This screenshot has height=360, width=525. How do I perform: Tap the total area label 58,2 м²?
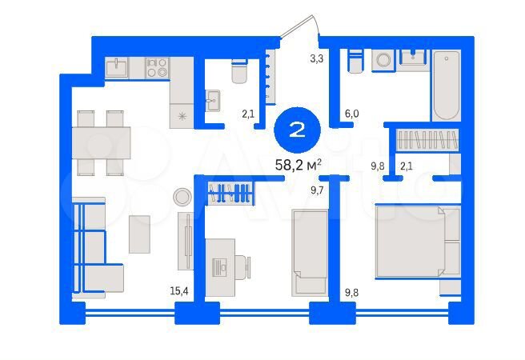click(297, 165)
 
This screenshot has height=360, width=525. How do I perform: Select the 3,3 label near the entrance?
click(316, 58)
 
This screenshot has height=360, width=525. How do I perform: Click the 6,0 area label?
click(351, 114)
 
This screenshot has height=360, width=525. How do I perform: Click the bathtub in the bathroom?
click(446, 84)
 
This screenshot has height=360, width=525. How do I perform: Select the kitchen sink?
click(117, 67)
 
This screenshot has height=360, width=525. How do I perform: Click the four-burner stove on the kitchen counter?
click(156, 67)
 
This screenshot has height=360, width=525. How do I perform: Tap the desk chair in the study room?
click(241, 266)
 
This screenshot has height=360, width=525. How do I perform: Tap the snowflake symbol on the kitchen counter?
click(182, 117)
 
